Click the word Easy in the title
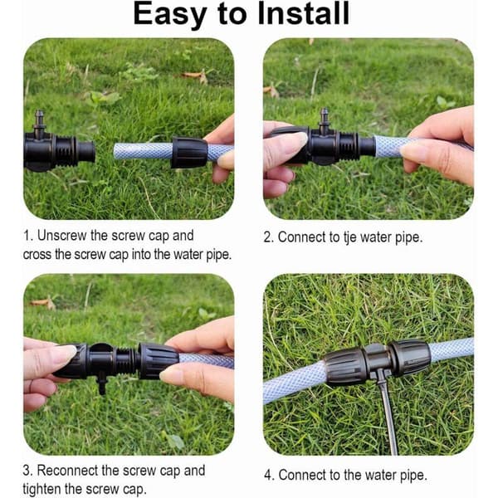point(170,14)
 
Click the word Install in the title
point(303,13)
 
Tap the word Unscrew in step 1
point(61,236)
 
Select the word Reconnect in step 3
point(68,471)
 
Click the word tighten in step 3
point(41,489)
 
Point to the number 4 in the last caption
point(268,476)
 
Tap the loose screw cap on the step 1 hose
point(188,152)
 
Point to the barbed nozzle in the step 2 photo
point(324,119)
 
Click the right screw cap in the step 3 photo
point(158,360)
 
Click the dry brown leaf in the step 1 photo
point(197,76)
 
